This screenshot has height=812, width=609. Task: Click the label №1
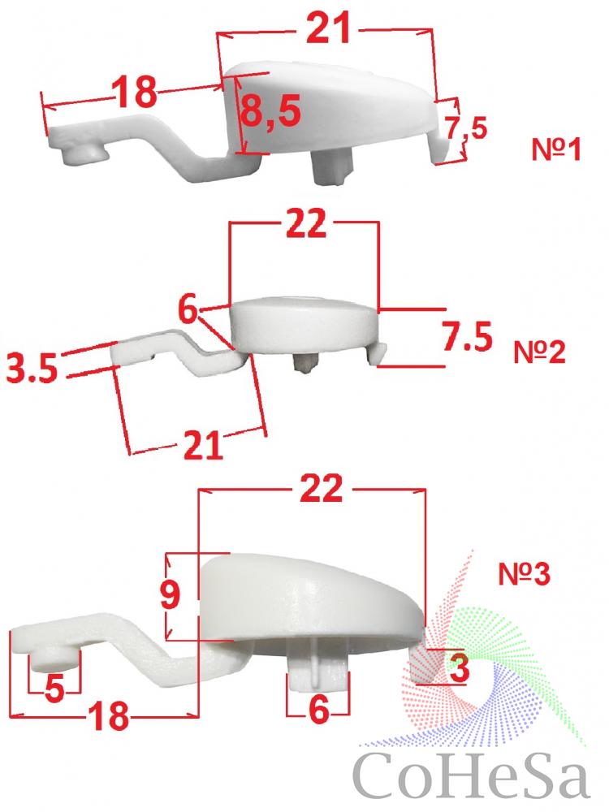(556, 149)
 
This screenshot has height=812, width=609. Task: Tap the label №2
(539, 352)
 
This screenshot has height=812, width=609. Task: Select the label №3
(524, 574)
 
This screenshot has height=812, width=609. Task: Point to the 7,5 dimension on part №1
(466, 128)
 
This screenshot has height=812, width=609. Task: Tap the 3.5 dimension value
(32, 369)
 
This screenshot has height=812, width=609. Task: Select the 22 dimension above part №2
(306, 223)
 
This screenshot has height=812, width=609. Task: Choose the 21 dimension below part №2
(203, 444)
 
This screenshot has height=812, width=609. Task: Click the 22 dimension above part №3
(321, 487)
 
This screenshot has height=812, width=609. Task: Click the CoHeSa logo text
(473, 775)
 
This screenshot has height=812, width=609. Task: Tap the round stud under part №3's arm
(53, 659)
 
